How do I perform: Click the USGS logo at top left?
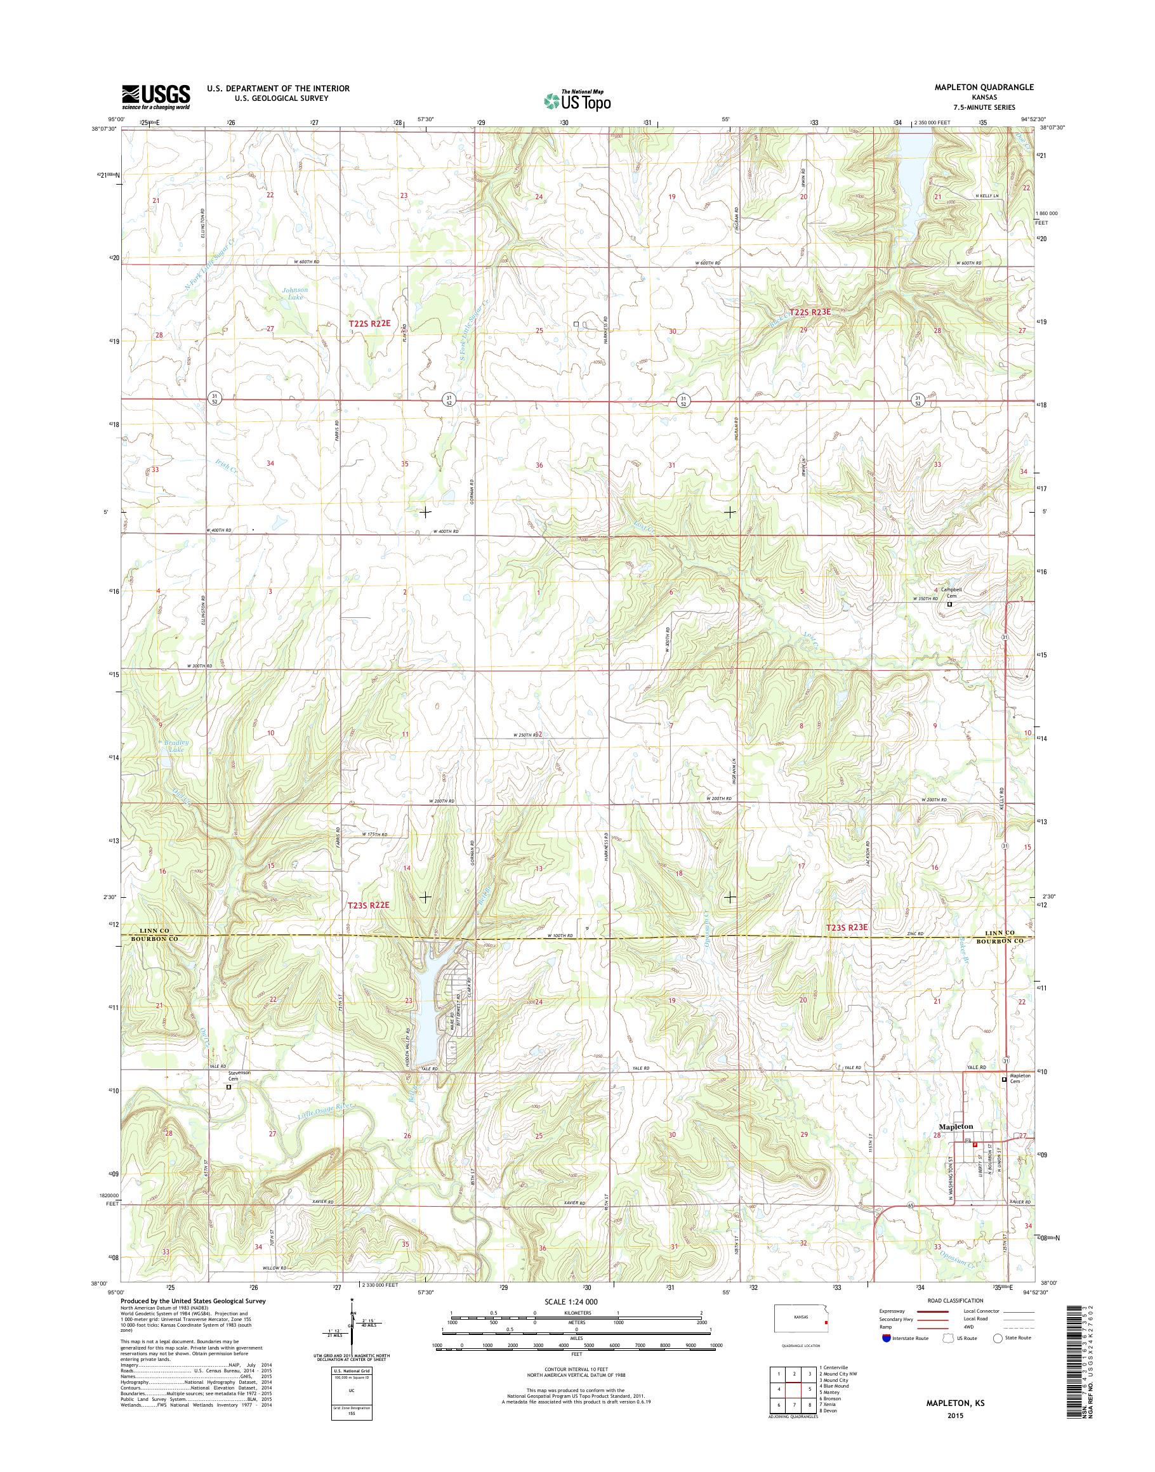(155, 97)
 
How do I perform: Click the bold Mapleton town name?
(956, 1127)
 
